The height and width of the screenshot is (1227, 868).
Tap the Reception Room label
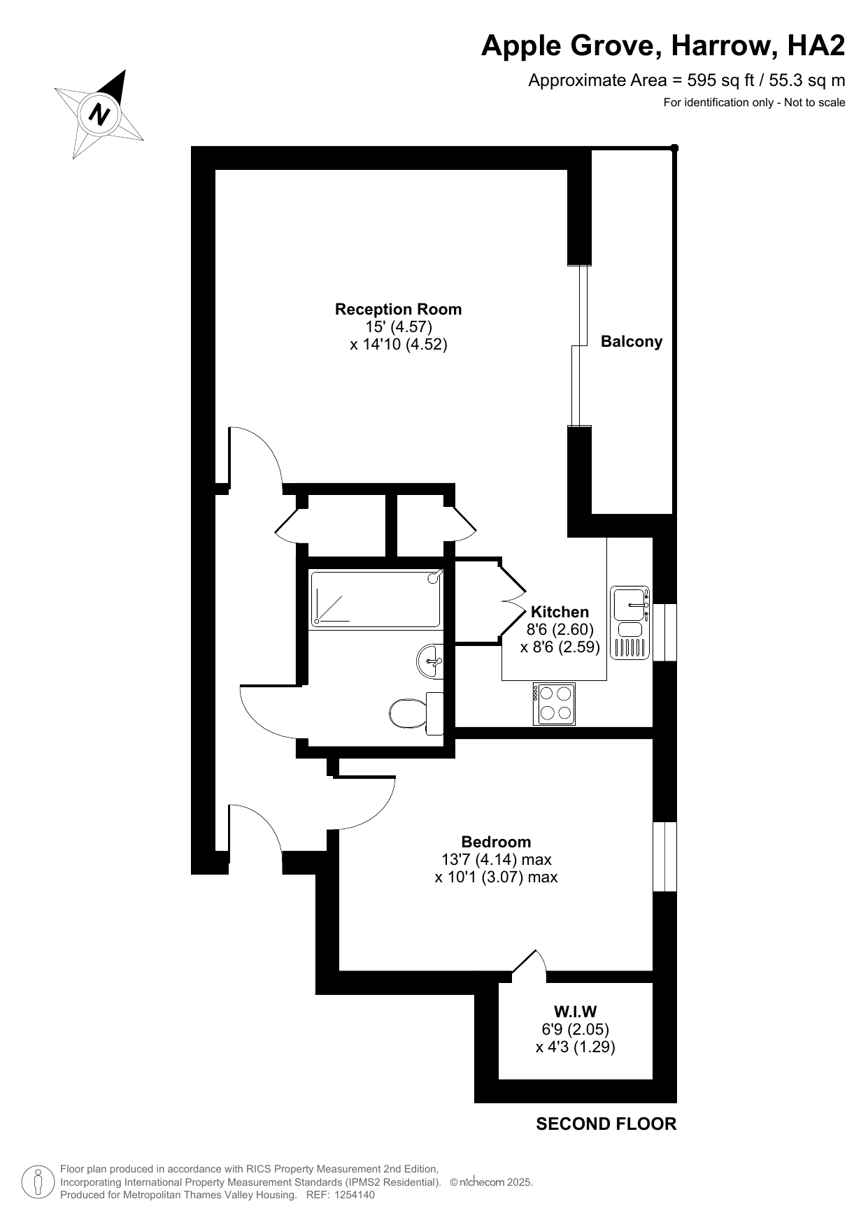pos(398,309)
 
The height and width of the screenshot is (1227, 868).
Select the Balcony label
pos(632,342)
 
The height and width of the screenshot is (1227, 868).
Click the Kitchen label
pos(560,612)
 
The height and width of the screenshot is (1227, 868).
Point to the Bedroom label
pos(496,842)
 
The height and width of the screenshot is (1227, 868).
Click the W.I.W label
pos(575,1011)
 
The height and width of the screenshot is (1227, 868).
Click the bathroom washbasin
pos(430,661)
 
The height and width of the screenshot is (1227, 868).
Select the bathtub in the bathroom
pos(376,599)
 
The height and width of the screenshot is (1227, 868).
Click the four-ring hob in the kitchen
pos(554,703)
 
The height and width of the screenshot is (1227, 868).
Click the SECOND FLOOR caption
pos(606,1124)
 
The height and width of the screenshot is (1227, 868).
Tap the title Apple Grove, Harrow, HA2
pos(663,46)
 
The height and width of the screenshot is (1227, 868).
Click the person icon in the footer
pos(38,1182)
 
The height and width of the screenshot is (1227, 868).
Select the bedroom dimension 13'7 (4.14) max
pos(497,859)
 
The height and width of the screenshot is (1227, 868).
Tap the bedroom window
pos(664,856)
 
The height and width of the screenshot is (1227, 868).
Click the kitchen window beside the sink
pos(664,632)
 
